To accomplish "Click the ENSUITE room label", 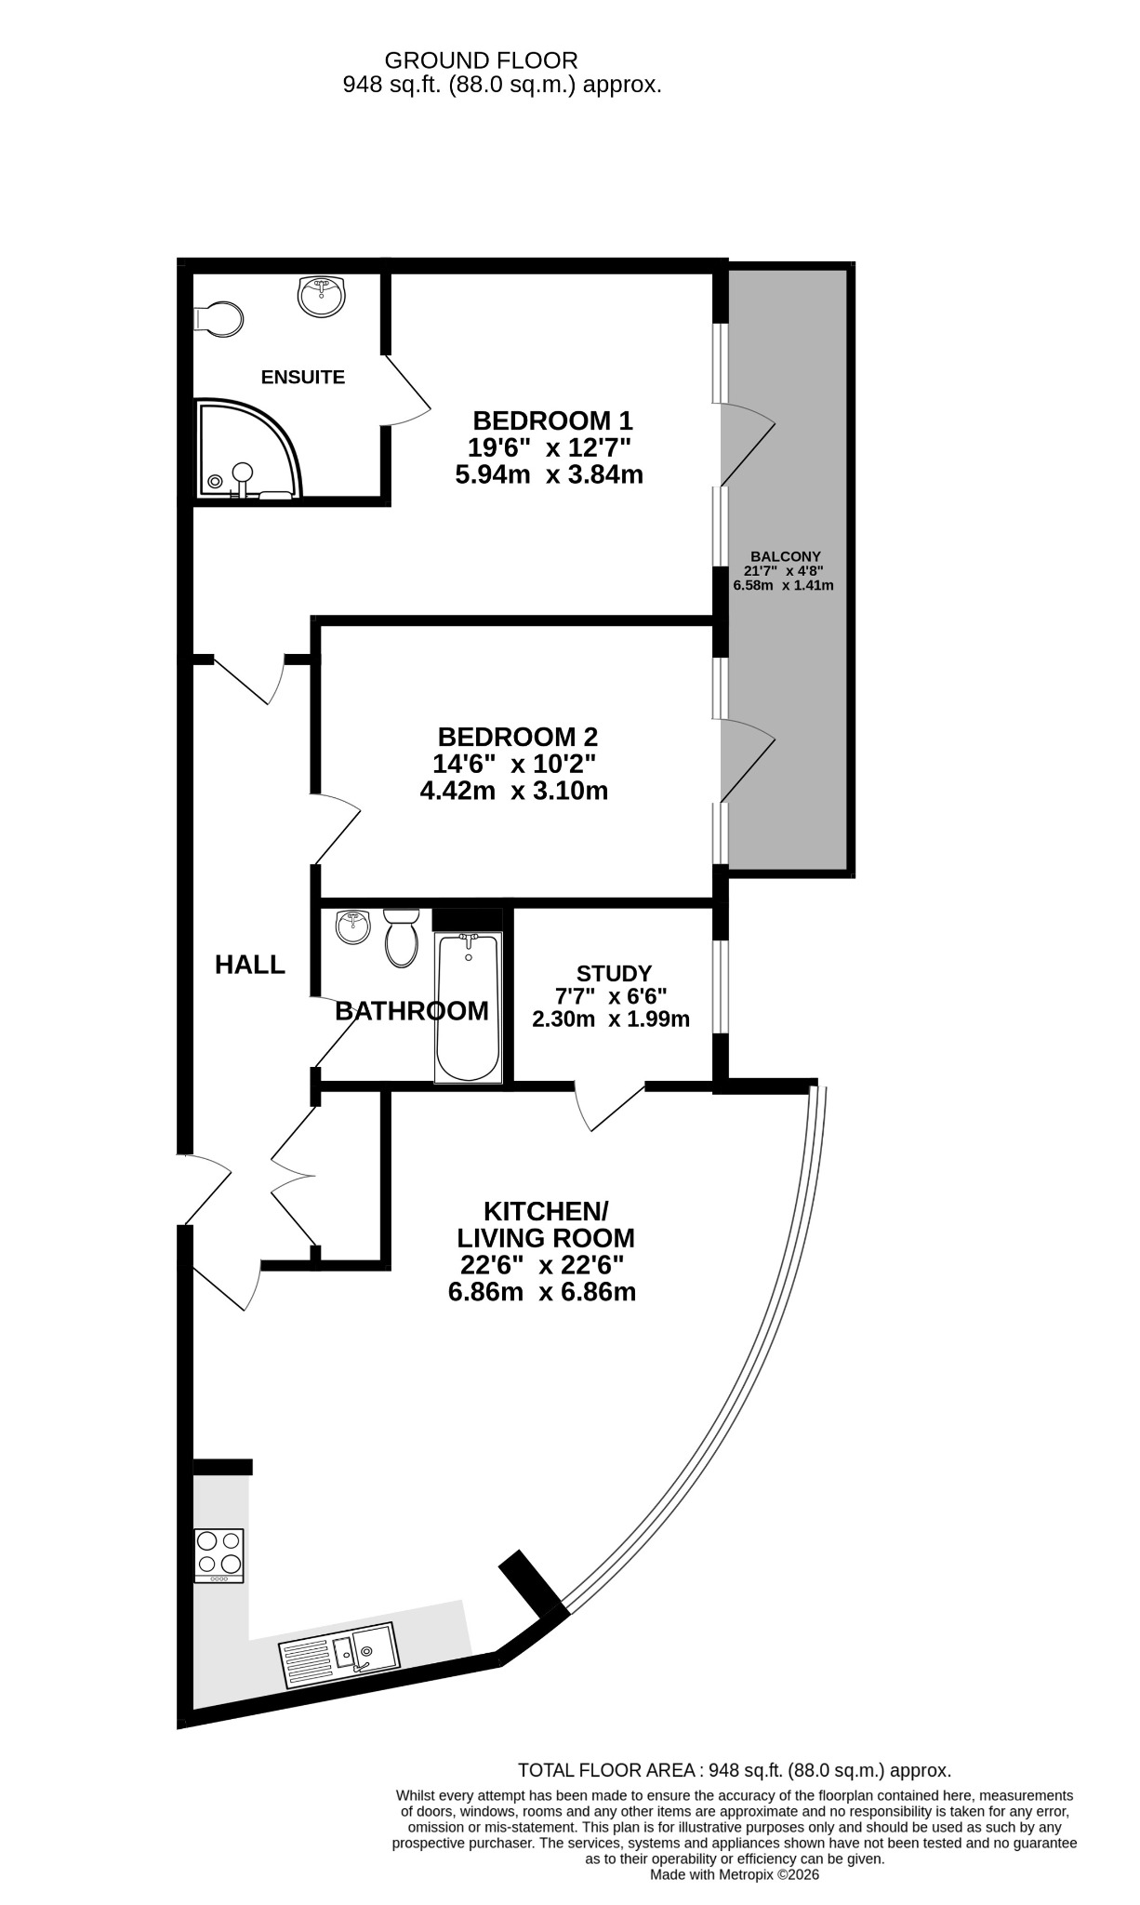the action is point(303,378).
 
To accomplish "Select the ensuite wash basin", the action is point(322,296).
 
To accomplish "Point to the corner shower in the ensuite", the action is point(249,448).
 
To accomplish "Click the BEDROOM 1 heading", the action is point(553,420).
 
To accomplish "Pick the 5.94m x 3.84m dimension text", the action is point(550,474).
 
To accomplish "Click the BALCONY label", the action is point(786,556).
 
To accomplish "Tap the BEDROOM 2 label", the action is point(518,737).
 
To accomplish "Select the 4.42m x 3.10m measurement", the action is point(514,791).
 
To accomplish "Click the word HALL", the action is point(250,965).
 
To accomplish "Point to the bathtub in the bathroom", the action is point(469,1008).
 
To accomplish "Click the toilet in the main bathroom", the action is point(402,937).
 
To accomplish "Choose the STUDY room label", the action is point(614,974).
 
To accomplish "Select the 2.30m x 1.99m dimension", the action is point(611,1019).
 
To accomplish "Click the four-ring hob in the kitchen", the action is point(219,1555).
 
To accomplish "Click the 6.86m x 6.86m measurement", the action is point(542,1291).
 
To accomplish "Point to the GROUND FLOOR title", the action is point(481,60).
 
